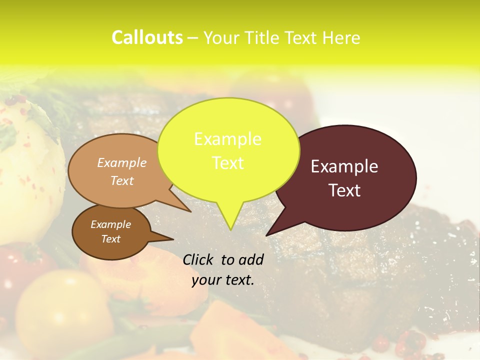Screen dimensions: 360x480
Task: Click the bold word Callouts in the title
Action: pos(147,37)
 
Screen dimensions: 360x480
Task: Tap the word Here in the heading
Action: pos(340,37)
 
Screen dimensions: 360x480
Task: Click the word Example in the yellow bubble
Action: pos(227,139)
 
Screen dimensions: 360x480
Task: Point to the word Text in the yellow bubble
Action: pos(227,163)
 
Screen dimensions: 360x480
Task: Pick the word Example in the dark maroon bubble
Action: pos(344,166)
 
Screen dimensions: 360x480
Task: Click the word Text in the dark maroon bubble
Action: pos(344,190)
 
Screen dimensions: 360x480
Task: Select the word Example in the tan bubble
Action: pos(122,162)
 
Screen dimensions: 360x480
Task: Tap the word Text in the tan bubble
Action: pos(122,180)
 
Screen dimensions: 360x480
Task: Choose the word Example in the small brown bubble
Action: pos(110,224)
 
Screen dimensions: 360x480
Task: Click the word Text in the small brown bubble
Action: pos(110,239)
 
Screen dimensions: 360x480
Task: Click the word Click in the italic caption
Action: pos(199,259)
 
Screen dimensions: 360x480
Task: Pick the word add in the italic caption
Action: pos(252,259)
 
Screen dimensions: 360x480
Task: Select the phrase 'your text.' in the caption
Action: pos(222,280)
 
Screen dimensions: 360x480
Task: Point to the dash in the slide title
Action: pos(193,38)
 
